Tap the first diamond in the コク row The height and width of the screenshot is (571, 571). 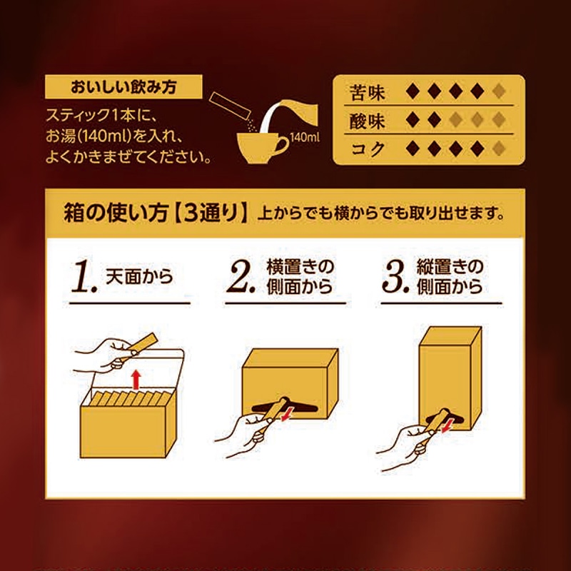411,149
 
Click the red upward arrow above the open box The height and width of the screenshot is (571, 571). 138,378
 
